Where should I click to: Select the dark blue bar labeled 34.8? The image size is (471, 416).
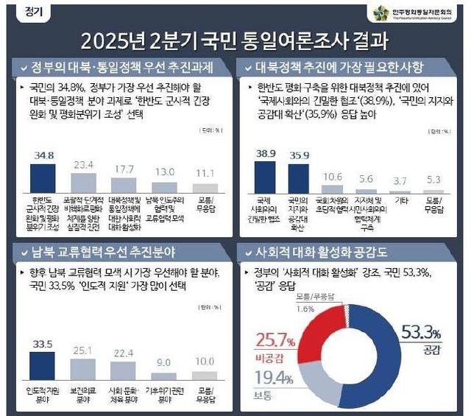click(x=43, y=177)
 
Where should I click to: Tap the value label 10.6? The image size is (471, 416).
click(x=333, y=177)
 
